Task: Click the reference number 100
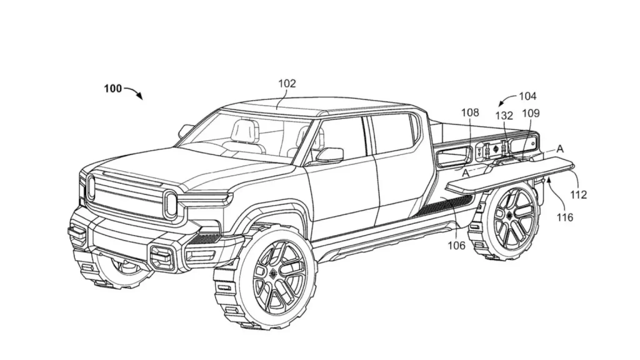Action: pyautogui.click(x=113, y=89)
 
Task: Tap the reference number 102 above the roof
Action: pyautogui.click(x=287, y=83)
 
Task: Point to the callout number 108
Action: pyautogui.click(x=470, y=113)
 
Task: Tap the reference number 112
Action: pyautogui.click(x=579, y=194)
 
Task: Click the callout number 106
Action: pyautogui.click(x=456, y=246)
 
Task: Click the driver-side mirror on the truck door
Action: pyautogui.click(x=329, y=155)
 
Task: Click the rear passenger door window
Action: pyautogui.click(x=392, y=134)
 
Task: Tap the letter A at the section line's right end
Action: pyautogui.click(x=560, y=149)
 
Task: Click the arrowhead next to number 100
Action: pyautogui.click(x=139, y=97)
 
